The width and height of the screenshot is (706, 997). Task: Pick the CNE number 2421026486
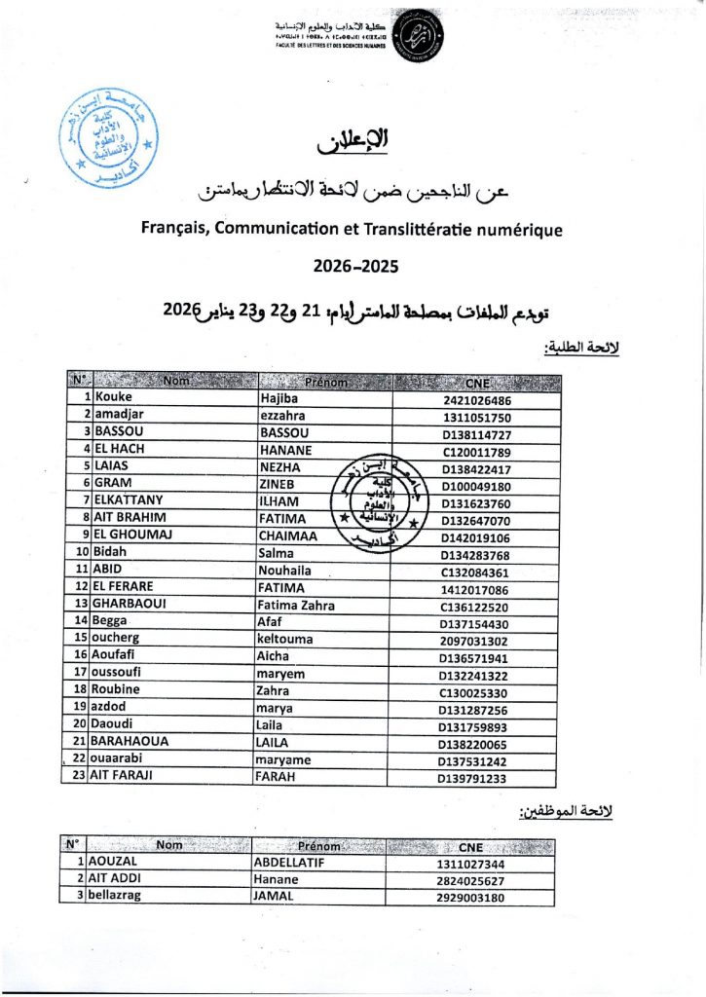click(475, 399)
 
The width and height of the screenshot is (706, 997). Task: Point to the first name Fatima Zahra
click(297, 605)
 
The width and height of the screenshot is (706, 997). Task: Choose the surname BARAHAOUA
click(130, 741)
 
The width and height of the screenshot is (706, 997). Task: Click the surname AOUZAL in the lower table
click(115, 863)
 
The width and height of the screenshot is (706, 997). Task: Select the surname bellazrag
click(122, 897)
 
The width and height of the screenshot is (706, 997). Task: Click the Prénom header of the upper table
click(325, 382)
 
